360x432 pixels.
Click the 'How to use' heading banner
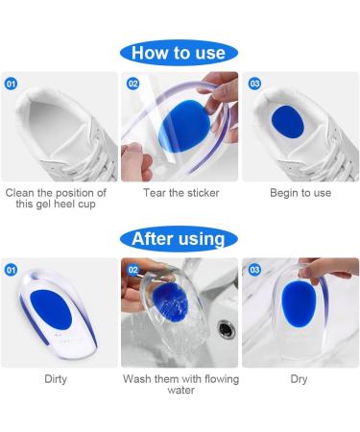tap(179, 53)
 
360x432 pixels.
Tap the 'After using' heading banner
tap(179, 239)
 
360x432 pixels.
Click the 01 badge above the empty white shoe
tap(12, 84)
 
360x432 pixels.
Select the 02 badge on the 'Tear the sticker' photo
tap(132, 84)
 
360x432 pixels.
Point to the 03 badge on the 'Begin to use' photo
tap(254, 84)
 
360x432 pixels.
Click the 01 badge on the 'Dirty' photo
tap(12, 270)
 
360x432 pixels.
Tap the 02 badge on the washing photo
tap(132, 270)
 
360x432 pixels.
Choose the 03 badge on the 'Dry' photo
tap(254, 270)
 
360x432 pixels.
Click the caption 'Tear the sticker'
tap(181, 193)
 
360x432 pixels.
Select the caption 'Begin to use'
tap(300, 193)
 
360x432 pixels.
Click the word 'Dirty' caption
tap(56, 379)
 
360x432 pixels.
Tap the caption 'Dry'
tap(299, 379)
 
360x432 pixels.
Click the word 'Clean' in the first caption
tap(20, 193)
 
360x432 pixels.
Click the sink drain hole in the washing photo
tap(227, 330)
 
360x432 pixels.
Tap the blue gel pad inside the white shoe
tap(287, 122)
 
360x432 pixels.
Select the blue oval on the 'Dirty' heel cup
tap(51, 309)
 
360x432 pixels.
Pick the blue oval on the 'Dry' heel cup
tap(299, 305)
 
